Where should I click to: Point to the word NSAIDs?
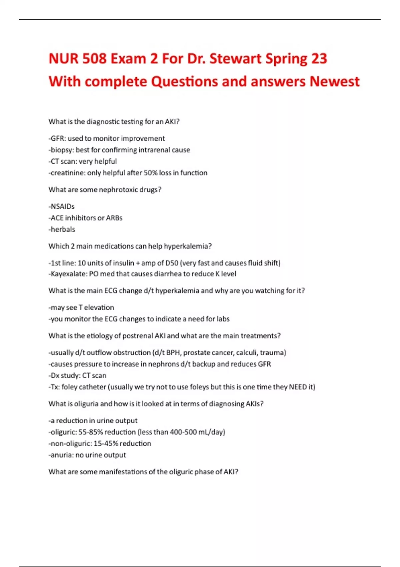point(63,206)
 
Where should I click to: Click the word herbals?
point(63,229)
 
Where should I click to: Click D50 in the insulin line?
point(172,263)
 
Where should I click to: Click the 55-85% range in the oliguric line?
point(90,432)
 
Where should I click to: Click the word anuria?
point(62,455)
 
